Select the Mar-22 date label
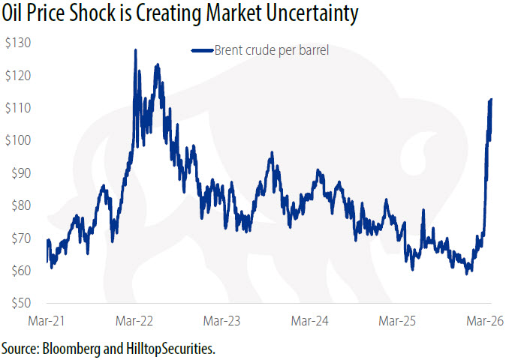(x=135, y=322)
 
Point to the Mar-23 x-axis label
(x=224, y=322)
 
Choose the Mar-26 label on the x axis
(x=484, y=322)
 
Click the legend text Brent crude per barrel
(x=272, y=50)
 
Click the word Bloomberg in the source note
(x=73, y=349)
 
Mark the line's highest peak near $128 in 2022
(x=135, y=50)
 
